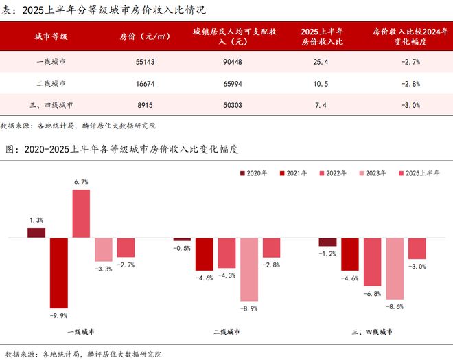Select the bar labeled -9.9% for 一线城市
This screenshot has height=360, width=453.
point(58,273)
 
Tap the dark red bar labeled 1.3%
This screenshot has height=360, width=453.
point(36,233)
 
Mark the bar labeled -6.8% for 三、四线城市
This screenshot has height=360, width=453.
point(373,262)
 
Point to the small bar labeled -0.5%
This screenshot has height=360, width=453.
point(182,240)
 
